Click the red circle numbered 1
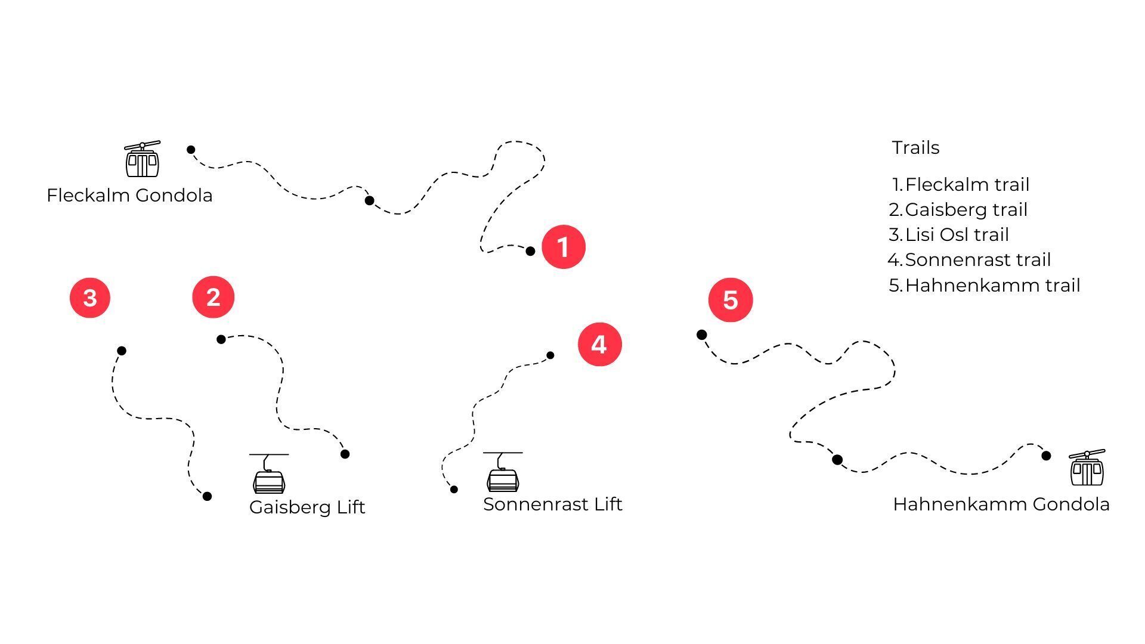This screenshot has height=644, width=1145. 563,247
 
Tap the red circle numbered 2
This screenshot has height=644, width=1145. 213,297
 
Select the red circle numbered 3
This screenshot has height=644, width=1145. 90,298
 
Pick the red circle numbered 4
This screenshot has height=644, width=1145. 599,345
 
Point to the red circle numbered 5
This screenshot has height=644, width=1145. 731,300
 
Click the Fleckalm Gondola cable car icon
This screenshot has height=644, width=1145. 142,159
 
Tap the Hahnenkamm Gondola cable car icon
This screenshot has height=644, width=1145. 1087,468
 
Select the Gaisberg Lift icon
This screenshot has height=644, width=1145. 269,473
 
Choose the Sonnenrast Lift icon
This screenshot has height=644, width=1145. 503,472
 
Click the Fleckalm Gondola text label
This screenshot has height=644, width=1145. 129,196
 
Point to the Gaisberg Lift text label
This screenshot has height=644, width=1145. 307,507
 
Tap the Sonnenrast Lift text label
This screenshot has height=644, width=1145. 552,504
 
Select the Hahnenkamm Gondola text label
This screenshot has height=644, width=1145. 1001,504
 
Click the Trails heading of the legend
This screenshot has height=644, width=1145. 915,148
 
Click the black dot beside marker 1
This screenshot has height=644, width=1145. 530,251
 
